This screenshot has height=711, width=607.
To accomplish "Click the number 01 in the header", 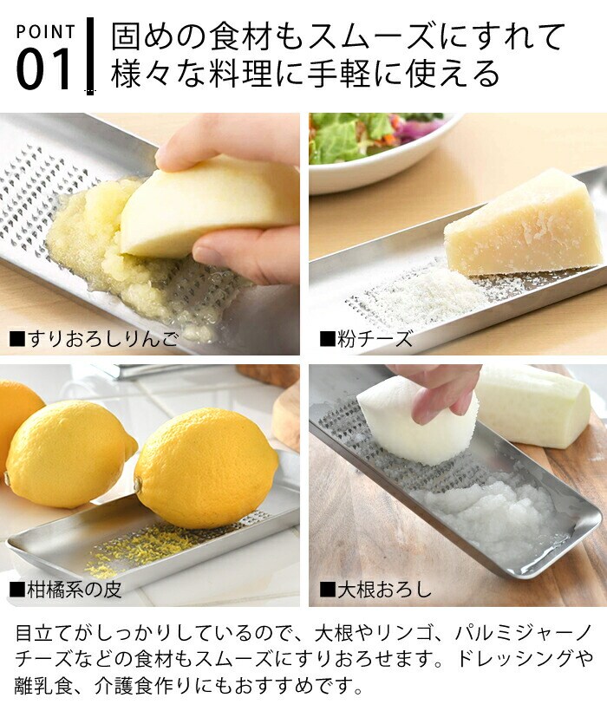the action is click(43, 68).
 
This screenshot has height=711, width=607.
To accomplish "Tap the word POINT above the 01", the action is click(45, 32).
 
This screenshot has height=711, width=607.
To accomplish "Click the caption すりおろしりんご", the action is click(95, 339).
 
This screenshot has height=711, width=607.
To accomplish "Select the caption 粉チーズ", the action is click(366, 339).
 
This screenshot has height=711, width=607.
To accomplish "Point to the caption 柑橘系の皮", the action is click(66, 590).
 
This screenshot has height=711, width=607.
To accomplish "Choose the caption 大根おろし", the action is click(375, 590).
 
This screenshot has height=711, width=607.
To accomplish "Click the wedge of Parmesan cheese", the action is click(521, 222).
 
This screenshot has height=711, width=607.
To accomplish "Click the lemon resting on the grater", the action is click(206, 467).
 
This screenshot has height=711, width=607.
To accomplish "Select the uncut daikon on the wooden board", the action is click(535, 406).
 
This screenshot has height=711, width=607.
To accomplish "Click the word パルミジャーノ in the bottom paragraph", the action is click(523, 633).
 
